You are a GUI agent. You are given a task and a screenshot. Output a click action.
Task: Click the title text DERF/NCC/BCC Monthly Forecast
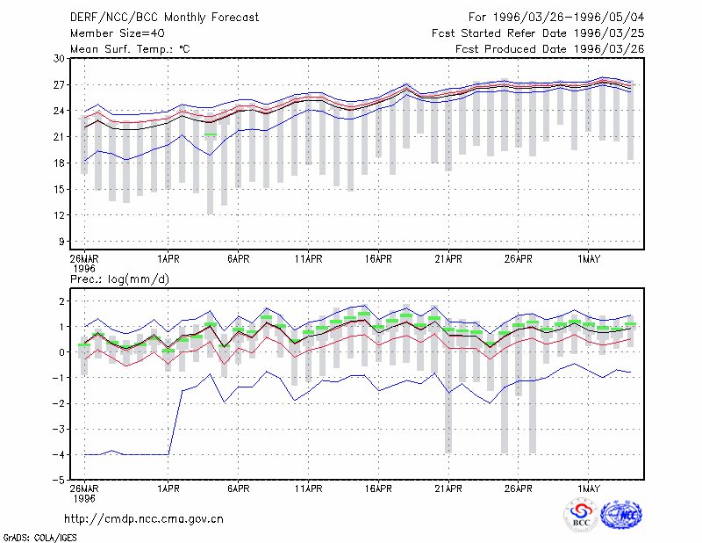(x=164, y=18)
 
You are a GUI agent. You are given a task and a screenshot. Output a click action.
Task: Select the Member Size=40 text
(x=118, y=33)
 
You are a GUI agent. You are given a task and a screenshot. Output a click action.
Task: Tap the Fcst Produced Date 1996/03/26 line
(x=550, y=49)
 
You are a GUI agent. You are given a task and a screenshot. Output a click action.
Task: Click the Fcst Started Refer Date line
(x=538, y=33)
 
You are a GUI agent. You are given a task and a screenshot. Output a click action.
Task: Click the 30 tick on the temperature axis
(x=59, y=58)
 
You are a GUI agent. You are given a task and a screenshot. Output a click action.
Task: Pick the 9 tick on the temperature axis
(x=61, y=242)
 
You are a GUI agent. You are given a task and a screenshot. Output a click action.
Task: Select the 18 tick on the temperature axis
(x=59, y=163)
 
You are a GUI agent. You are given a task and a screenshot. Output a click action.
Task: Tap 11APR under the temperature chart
(x=309, y=258)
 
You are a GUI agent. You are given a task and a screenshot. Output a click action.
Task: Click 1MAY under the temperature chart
(x=588, y=258)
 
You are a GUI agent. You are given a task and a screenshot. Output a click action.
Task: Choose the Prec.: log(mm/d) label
(x=119, y=279)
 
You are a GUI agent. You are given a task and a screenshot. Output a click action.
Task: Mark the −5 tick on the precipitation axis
(x=57, y=480)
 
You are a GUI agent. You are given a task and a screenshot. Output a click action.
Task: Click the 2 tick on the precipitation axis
(x=61, y=300)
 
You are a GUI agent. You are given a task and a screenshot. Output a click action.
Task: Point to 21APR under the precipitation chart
(x=448, y=489)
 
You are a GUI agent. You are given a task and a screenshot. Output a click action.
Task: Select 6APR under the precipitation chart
(x=238, y=489)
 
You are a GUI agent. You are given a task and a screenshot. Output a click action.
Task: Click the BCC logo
(x=581, y=515)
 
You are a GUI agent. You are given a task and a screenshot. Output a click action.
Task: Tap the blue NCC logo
(x=621, y=515)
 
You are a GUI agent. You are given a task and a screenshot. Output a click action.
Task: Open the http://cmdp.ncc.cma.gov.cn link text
(x=144, y=519)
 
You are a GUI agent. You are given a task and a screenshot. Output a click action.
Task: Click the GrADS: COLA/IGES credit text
(x=40, y=538)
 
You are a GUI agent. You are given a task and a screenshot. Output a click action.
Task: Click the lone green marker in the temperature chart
(x=211, y=134)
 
